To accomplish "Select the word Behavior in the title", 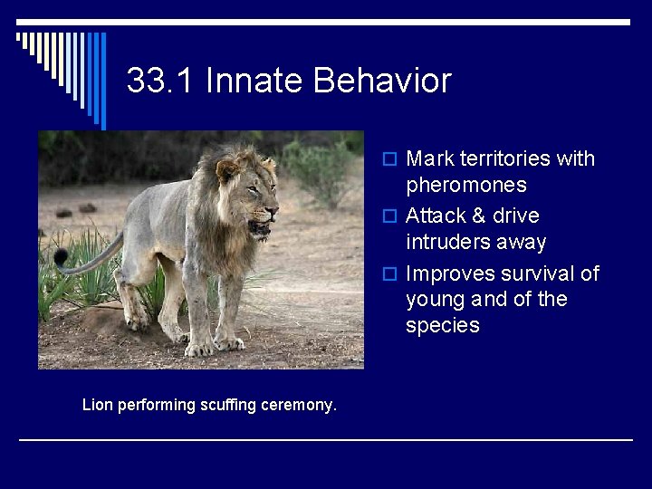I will tap(381, 81).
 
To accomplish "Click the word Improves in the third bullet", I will tap(450, 274).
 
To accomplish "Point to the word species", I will tap(443, 326).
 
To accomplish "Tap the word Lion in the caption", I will tap(98, 405).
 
